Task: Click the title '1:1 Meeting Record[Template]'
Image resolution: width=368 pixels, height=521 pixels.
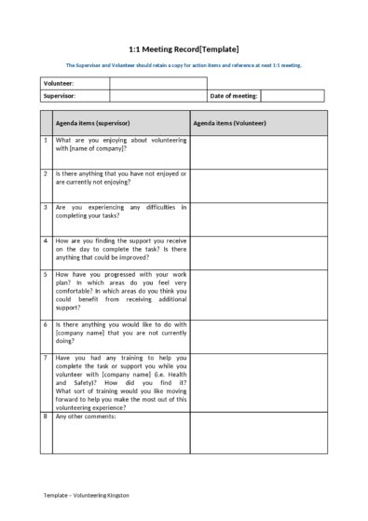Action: [184, 48]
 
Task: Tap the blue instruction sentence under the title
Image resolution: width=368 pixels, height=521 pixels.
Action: [184, 65]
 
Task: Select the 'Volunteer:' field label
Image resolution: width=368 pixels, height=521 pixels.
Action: [59, 83]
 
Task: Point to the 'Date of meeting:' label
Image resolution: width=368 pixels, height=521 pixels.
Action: [234, 95]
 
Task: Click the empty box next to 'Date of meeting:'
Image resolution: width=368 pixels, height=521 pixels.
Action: [293, 95]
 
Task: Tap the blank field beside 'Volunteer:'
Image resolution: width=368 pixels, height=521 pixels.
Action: [157, 83]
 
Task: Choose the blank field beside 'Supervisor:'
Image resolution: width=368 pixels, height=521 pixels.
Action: [157, 95]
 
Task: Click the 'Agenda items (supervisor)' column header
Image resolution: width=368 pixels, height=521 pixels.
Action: [92, 122]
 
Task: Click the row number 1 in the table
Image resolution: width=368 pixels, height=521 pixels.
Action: [46, 140]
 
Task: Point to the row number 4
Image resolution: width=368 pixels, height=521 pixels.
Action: [46, 240]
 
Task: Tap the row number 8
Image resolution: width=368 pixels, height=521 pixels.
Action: [46, 417]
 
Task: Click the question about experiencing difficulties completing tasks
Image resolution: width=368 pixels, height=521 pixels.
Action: [121, 212]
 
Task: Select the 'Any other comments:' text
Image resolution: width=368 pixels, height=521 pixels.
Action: [86, 417]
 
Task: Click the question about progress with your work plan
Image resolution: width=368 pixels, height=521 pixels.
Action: [121, 291]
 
